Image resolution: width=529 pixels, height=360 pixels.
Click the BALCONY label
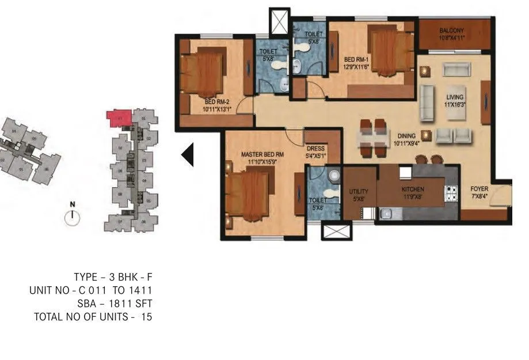point(451,31)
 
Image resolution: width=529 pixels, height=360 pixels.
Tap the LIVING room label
point(454,97)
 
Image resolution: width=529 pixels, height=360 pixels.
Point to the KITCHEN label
point(413,190)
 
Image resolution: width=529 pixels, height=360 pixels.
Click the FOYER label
point(479,189)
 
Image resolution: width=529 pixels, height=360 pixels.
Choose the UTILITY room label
point(359,192)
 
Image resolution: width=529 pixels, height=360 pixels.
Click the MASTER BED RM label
point(262,154)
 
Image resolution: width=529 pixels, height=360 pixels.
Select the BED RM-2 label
point(216,104)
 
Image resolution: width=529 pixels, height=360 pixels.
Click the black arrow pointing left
point(188,154)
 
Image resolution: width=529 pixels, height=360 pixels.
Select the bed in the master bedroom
point(249,196)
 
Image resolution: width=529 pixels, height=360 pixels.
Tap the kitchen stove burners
point(451,194)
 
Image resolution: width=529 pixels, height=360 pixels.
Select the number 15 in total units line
point(146,317)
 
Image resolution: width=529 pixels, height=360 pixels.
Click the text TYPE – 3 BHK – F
point(113,277)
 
